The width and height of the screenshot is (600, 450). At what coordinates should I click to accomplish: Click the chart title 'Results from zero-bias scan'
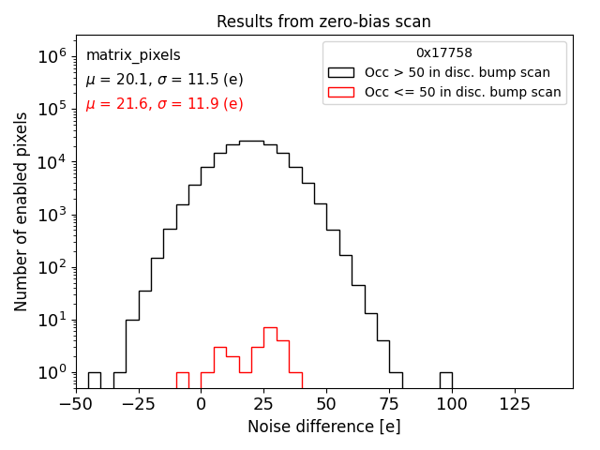(x=323, y=22)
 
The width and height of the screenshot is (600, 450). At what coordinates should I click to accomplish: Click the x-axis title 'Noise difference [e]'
(x=323, y=427)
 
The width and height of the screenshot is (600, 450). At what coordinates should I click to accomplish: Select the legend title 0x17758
(x=444, y=53)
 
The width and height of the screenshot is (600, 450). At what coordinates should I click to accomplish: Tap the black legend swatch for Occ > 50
(x=341, y=72)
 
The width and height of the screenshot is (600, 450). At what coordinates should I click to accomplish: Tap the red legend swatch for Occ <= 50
(x=341, y=92)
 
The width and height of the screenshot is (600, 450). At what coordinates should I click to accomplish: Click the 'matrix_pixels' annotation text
(x=133, y=55)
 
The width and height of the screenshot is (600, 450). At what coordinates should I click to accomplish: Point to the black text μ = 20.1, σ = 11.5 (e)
(x=164, y=80)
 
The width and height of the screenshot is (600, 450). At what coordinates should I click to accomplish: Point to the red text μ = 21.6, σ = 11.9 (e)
(x=164, y=104)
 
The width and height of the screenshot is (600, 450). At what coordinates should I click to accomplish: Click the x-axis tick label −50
(x=76, y=405)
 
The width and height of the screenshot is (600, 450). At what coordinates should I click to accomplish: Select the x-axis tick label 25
(x=263, y=405)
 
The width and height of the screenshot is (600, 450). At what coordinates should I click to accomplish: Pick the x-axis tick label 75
(x=389, y=405)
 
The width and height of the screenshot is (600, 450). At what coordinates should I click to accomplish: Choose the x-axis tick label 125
(x=514, y=405)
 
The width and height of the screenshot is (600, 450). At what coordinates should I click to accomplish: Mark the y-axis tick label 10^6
(x=52, y=56)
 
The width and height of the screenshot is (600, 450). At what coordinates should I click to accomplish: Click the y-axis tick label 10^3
(x=52, y=215)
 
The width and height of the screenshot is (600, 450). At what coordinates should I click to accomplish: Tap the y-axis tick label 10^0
(x=52, y=373)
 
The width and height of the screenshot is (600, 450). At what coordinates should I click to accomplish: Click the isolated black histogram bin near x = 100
(x=445, y=380)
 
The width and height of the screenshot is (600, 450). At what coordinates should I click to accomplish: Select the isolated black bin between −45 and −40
(x=95, y=380)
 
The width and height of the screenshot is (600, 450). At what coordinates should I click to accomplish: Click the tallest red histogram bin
(x=270, y=356)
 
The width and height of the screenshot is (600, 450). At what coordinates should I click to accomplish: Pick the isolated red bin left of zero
(x=182, y=380)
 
